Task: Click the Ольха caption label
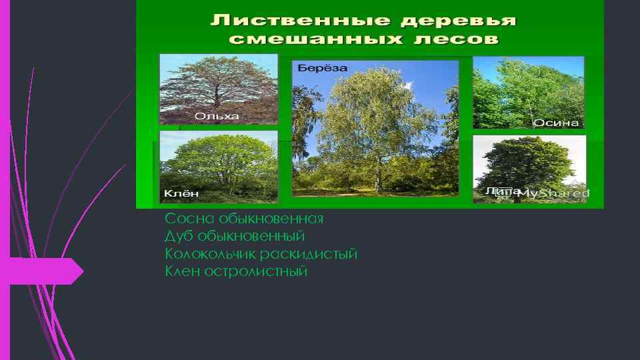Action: (216, 116)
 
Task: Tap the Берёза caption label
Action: (323, 69)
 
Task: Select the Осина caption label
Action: (556, 123)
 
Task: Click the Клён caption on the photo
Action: (181, 194)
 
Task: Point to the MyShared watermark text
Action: (553, 193)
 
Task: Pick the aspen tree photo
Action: (528, 90)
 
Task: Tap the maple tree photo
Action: (218, 163)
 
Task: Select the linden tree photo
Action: (529, 163)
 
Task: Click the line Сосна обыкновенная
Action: (244, 219)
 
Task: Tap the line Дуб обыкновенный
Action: (235, 237)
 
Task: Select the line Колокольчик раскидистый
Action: (261, 255)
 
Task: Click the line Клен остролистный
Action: (236, 272)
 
